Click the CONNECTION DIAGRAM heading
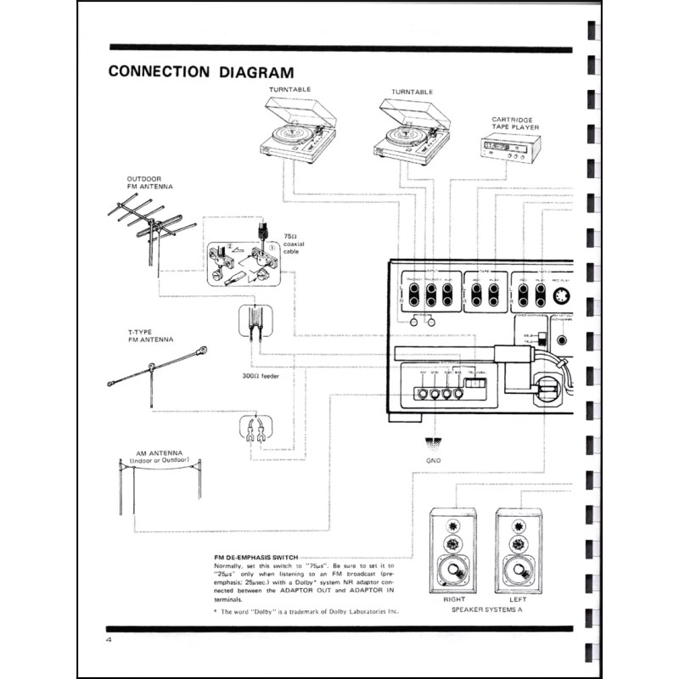201,71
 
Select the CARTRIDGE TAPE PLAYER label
513,124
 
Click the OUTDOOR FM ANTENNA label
149,182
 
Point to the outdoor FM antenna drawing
154,225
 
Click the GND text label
434,460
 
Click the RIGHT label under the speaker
453,599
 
